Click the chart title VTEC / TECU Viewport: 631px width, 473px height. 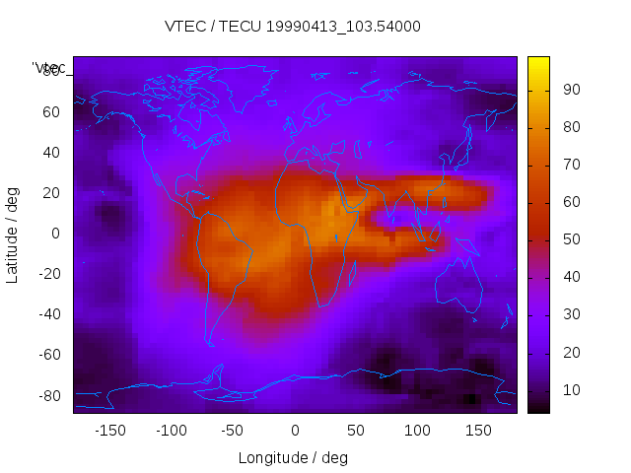[293, 27]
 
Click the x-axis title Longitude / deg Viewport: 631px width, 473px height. [293, 457]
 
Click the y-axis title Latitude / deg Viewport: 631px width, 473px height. [13, 234]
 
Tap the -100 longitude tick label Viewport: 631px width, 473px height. [171, 430]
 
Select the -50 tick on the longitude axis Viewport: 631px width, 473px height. [233, 430]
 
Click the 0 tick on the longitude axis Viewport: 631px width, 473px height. [295, 430]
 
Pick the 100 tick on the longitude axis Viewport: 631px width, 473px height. [417, 430]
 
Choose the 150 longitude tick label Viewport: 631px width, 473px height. [478, 430]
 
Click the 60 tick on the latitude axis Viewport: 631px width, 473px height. [50, 111]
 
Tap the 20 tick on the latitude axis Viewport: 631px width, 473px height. [50, 192]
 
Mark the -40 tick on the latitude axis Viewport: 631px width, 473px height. [47, 314]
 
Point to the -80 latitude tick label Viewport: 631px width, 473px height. [47, 395]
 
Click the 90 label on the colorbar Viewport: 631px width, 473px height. [571, 90]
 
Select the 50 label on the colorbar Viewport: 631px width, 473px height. [571, 239]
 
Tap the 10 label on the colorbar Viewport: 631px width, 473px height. [571, 390]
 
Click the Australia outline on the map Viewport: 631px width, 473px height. [458, 286]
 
